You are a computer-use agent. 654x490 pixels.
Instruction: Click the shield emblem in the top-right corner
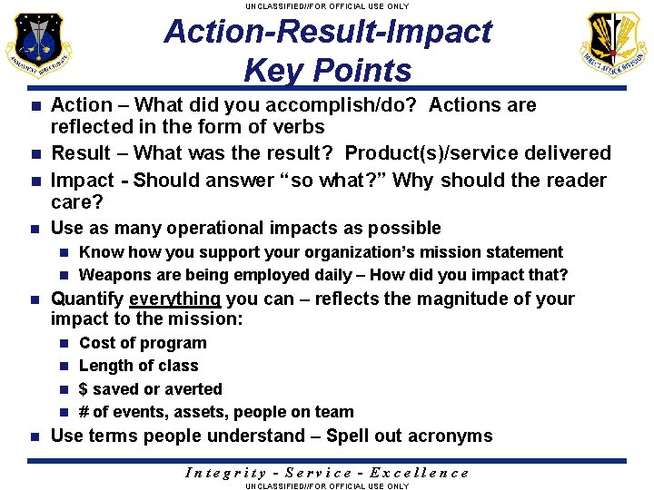pos(615,44)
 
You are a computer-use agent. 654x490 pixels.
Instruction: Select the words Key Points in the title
pos(327,70)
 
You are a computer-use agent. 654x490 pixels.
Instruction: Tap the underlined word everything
pos(175,299)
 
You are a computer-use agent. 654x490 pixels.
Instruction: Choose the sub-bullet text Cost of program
pos(143,343)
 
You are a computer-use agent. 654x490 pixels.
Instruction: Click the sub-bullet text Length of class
pos(138,366)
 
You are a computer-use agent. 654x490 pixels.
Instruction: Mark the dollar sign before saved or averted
pos(84,389)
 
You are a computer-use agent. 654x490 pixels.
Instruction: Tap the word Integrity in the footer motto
pos(225,472)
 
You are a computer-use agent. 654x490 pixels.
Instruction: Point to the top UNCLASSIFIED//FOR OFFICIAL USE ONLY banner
pos(327,5)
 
